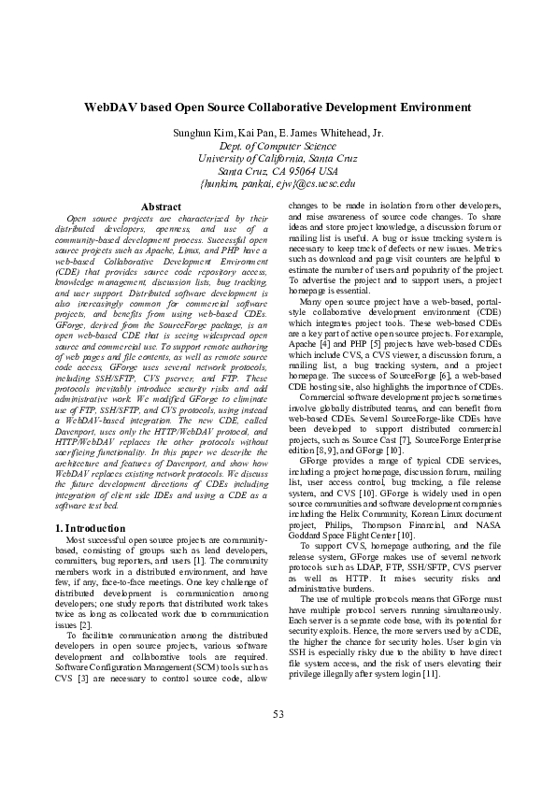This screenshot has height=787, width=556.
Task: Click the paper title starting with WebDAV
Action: click(278, 107)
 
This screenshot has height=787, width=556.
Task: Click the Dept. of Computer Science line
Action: click(278, 147)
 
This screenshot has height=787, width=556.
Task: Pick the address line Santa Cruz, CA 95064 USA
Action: click(278, 171)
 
